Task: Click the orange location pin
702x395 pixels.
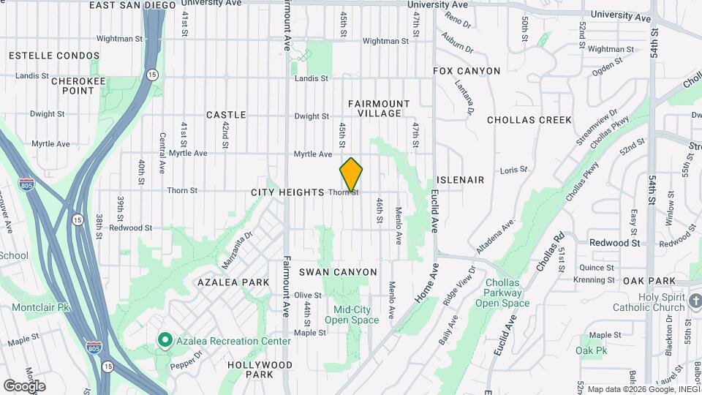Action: coord(351,174)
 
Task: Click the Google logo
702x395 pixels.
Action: coord(24,385)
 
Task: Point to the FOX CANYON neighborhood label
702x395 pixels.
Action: coord(467,71)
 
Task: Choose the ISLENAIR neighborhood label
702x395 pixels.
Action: coord(460,180)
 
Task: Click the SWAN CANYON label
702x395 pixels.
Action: coord(338,272)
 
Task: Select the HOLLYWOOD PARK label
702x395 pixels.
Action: coord(260,369)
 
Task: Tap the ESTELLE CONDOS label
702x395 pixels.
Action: coord(53,56)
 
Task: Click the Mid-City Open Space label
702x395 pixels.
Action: coord(352,315)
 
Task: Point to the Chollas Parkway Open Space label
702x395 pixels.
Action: coord(502,293)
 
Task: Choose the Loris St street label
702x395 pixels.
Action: coord(513,170)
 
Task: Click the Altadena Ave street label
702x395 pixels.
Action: coord(496,236)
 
